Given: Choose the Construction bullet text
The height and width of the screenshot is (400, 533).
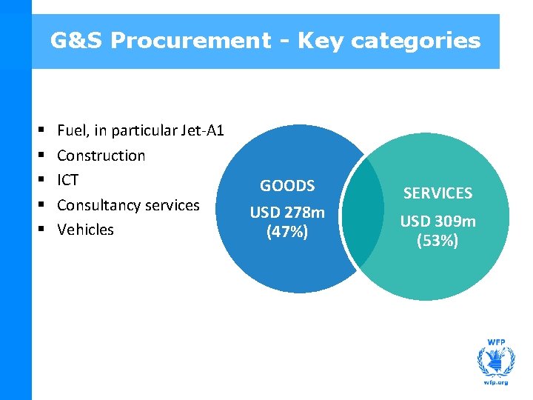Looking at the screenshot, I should (101, 156).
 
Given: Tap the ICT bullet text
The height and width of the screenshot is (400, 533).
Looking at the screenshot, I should (67, 180).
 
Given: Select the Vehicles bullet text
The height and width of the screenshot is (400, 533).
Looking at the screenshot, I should (85, 230).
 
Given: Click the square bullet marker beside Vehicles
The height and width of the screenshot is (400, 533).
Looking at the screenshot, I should (38, 230).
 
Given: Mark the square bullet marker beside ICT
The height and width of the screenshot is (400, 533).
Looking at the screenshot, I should (38, 180).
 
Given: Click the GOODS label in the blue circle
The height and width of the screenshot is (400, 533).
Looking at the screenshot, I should (287, 186).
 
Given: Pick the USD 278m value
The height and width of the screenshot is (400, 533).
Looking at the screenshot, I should (287, 213).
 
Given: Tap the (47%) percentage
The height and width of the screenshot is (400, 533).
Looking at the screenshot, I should (287, 232).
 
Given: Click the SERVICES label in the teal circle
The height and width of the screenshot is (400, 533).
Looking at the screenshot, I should (438, 193).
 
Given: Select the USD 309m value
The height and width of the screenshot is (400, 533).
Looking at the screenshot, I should (438, 221).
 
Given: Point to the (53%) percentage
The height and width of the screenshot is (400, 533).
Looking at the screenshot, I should (438, 241).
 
